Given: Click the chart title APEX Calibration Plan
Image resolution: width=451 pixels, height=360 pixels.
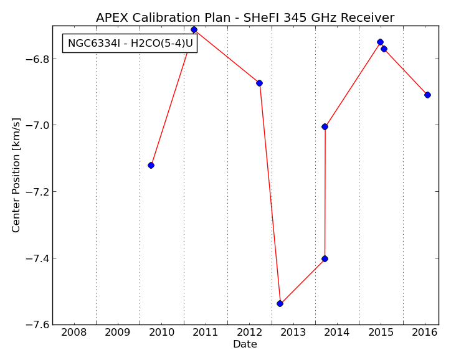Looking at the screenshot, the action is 163,18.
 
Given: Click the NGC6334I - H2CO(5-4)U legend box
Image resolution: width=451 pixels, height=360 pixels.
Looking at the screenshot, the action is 130,44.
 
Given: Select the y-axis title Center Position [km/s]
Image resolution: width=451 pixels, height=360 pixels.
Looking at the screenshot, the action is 16,175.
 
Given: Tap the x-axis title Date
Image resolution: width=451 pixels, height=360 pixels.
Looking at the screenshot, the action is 245,344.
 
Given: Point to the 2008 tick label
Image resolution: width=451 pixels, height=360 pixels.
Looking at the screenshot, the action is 74,333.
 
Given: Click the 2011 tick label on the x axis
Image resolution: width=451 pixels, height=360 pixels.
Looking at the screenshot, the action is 206,333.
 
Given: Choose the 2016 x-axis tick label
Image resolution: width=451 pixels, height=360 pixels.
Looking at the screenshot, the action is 425,333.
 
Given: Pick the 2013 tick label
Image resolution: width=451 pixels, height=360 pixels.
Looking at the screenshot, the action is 293,333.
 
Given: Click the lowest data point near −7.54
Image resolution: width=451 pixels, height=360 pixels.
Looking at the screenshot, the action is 280,304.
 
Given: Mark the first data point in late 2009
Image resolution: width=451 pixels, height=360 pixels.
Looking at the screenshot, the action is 151,165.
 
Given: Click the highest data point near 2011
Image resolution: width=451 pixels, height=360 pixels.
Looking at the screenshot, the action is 194,30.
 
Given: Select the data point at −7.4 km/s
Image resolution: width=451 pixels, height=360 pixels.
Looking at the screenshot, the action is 325,258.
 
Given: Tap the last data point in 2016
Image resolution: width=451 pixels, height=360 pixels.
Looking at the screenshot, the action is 427,95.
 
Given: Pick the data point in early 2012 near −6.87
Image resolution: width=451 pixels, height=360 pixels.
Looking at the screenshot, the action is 259,83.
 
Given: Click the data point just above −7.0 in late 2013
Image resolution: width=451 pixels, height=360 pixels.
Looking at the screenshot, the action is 325,127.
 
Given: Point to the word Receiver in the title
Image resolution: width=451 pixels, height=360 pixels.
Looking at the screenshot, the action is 368,18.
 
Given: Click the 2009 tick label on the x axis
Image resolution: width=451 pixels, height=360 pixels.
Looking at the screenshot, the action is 118,333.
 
